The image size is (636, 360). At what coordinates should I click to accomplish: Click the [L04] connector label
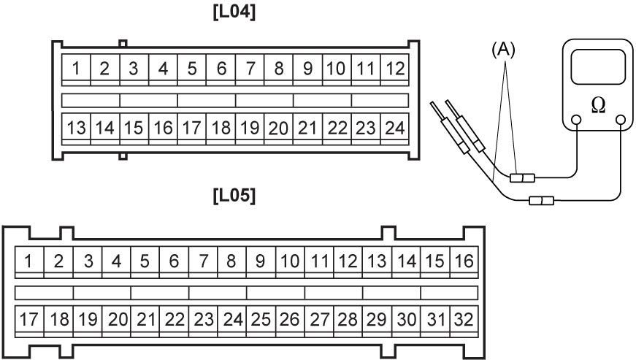[234, 12]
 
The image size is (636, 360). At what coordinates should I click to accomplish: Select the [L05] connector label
[234, 196]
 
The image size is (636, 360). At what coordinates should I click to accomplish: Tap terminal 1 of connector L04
[76, 68]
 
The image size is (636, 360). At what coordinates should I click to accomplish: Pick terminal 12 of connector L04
[394, 68]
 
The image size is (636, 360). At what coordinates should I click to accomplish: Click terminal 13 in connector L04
[76, 128]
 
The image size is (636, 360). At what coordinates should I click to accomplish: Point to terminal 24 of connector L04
[394, 128]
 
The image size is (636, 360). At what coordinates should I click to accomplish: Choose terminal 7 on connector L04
[250, 68]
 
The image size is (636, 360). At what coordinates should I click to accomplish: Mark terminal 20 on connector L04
[279, 128]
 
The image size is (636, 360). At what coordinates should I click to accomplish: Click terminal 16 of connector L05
[464, 261]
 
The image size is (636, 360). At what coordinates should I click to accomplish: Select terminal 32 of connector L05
[464, 319]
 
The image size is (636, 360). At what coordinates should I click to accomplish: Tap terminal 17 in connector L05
[29, 319]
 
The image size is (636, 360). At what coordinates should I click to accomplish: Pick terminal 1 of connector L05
[29, 261]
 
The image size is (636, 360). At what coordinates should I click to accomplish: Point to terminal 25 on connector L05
[261, 319]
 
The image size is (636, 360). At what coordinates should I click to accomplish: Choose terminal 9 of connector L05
[261, 261]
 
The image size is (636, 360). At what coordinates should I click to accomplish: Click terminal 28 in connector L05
[348, 319]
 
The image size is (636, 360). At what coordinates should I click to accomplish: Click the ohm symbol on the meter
[598, 105]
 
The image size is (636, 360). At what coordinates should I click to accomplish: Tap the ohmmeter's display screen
[598, 67]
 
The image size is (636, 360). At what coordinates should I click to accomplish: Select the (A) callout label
[503, 50]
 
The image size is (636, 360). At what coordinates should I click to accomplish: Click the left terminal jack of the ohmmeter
[576, 120]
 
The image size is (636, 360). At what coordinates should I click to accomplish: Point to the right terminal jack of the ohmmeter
[621, 120]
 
